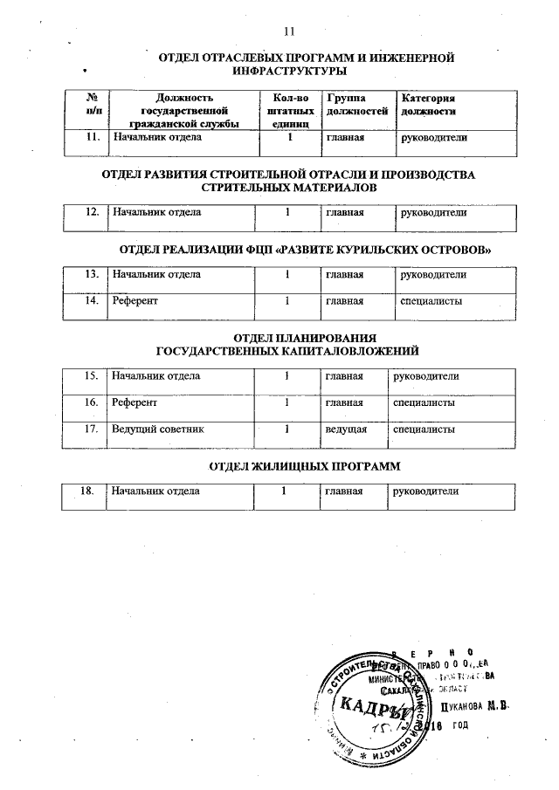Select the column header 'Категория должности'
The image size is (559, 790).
click(427, 106)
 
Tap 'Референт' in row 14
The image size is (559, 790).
click(135, 302)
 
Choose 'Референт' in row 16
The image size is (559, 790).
click(135, 403)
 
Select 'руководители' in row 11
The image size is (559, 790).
click(433, 137)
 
